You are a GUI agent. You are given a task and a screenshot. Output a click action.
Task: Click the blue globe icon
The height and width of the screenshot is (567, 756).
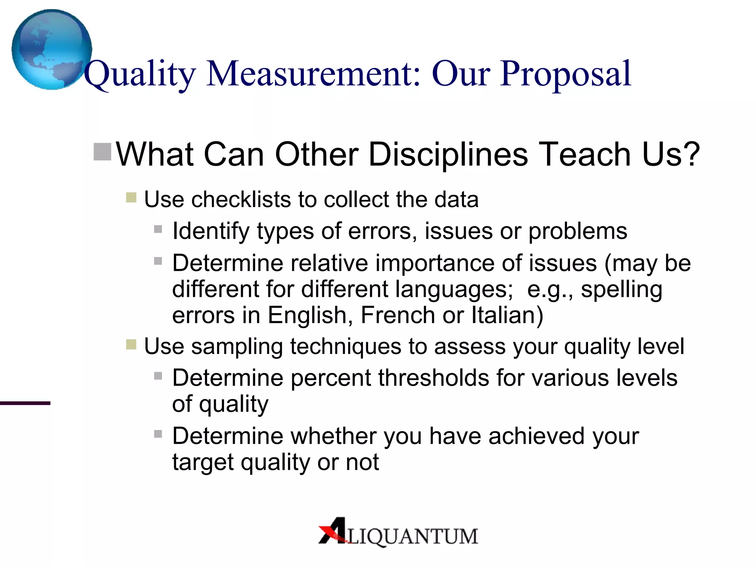pyautogui.click(x=52, y=49)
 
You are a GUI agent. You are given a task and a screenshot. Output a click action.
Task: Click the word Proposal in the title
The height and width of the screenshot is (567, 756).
pyautogui.click(x=566, y=74)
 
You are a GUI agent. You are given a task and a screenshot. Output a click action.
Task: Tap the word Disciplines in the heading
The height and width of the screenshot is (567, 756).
pyautogui.click(x=448, y=154)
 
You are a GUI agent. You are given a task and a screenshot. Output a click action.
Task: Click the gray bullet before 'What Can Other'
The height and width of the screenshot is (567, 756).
pyautogui.click(x=102, y=152)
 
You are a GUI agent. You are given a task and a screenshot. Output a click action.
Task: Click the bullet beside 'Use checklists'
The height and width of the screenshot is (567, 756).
pyautogui.click(x=131, y=197)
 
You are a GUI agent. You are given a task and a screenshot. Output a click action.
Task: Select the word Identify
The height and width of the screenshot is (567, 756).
pyautogui.click(x=211, y=232)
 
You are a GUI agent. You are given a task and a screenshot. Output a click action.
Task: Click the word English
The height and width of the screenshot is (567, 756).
pyautogui.click(x=307, y=315)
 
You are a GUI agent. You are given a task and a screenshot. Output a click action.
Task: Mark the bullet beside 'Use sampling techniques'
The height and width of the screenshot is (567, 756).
pyautogui.click(x=131, y=345)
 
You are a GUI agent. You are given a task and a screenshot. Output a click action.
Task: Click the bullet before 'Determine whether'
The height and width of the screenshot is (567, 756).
pyautogui.click(x=158, y=434)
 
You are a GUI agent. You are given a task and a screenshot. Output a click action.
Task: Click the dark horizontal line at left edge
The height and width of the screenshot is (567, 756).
pyautogui.click(x=25, y=403)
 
